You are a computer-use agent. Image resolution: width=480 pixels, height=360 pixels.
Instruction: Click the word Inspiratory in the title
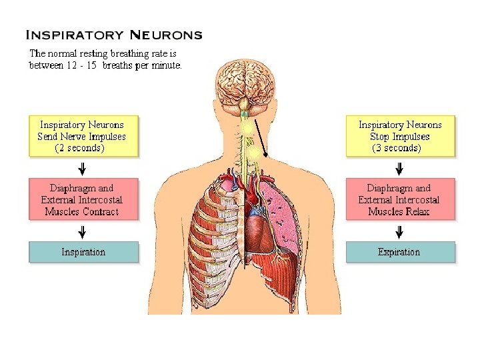coord(73,34)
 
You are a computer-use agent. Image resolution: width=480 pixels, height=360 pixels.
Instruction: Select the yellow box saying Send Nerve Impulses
coord(83,136)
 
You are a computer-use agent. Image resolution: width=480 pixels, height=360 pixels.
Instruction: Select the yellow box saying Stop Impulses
coord(400,136)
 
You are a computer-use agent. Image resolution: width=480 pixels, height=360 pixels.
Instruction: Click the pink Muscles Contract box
coord(83,199)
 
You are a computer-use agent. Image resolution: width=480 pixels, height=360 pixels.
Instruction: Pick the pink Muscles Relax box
coord(400,199)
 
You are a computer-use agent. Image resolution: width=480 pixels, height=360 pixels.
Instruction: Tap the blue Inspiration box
coord(83,252)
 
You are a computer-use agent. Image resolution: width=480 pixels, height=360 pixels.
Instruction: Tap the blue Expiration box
coord(399,252)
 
